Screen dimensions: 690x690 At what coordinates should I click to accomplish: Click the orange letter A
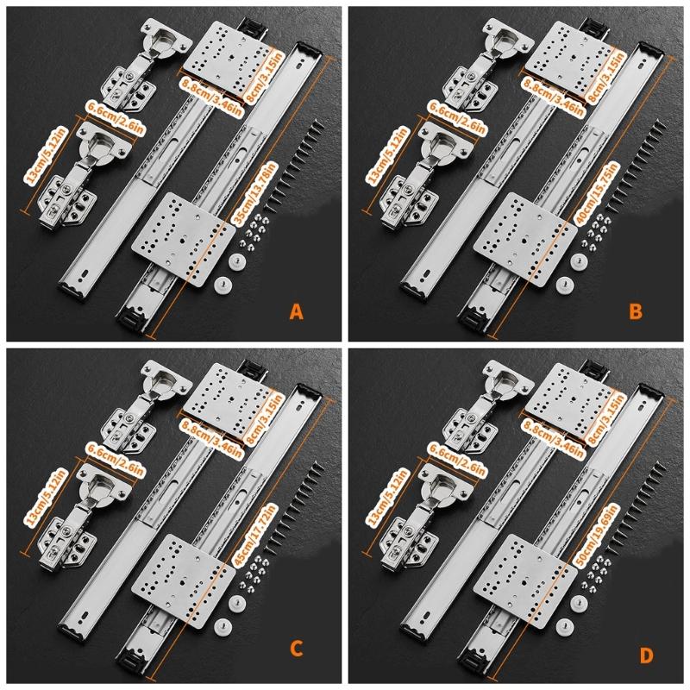[x=297, y=312]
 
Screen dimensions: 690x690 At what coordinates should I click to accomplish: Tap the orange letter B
[x=636, y=312]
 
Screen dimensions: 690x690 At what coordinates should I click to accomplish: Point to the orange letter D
[x=646, y=655]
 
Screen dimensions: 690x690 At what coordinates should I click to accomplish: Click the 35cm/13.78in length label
[x=255, y=195]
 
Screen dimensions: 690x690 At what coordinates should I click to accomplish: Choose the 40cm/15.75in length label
[x=597, y=195]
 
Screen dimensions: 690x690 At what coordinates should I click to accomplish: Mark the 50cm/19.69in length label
[x=597, y=538]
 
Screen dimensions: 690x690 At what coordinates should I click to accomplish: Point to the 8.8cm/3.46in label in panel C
[x=211, y=439]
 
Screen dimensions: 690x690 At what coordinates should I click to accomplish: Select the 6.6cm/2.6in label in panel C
[x=116, y=460]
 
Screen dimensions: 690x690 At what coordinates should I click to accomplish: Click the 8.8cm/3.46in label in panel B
[x=553, y=97]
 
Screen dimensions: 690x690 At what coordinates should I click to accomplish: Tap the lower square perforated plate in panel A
[x=184, y=240]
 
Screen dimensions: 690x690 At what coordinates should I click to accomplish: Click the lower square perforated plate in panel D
[x=525, y=580]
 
